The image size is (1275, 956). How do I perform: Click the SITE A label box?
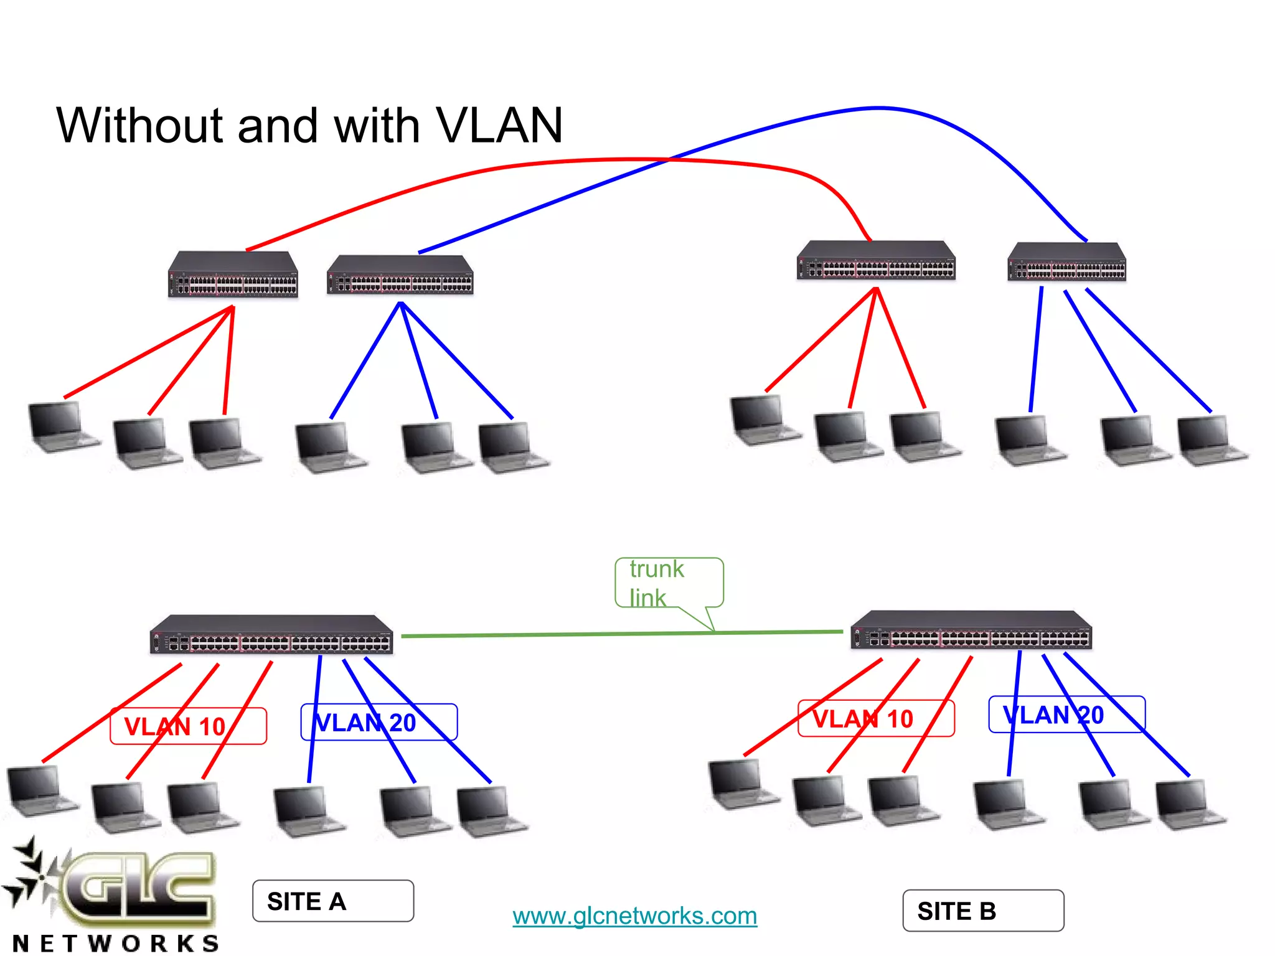tap(332, 901)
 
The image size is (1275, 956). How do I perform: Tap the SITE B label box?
tap(983, 911)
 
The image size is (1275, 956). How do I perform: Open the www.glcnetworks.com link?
tap(634, 916)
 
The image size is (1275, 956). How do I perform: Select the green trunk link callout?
tap(669, 583)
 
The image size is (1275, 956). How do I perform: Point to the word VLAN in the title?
tap(499, 126)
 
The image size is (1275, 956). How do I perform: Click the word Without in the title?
tap(139, 126)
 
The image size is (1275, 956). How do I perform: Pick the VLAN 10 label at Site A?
tap(188, 726)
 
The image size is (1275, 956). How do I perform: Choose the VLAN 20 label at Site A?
tap(379, 723)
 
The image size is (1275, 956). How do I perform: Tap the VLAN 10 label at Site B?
tap(876, 719)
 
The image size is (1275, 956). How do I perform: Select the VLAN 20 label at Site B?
tap(1066, 715)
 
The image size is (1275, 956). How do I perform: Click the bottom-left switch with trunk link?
tap(271, 635)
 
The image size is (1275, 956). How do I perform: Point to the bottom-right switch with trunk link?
tap(971, 630)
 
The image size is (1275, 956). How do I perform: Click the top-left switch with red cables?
tap(233, 274)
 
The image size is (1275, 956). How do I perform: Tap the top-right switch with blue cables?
tap(1067, 262)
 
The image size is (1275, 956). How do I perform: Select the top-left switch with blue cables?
tap(400, 275)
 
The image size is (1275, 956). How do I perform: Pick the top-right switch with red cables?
tap(876, 261)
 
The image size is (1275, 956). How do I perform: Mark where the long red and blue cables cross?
tap(668, 159)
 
